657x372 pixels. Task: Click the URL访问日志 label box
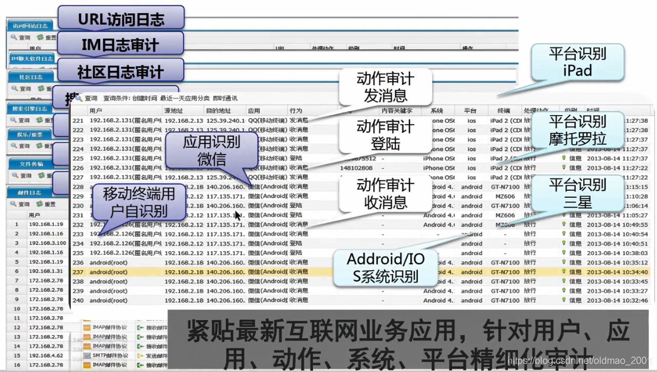coord(121,18)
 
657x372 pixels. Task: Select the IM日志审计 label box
coord(120,45)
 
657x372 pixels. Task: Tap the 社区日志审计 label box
coord(120,72)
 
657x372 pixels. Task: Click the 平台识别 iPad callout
coord(577,62)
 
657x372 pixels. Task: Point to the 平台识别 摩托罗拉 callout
coord(577,130)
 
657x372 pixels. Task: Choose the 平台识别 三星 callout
coord(577,193)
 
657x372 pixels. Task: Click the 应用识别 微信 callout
coord(212,150)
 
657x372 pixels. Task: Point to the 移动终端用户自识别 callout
coord(138,201)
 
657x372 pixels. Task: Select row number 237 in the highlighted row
coord(78,272)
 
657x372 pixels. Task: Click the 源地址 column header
coord(173,111)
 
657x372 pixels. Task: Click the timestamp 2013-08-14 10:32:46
coord(617,300)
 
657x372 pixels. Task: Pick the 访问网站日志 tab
coord(29,26)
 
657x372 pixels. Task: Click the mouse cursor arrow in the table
coord(237,215)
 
